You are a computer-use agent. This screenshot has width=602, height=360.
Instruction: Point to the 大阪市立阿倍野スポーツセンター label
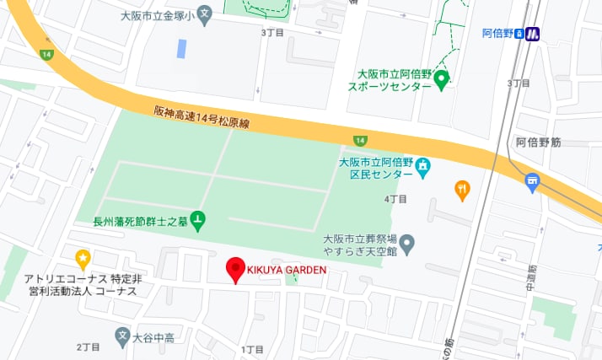393,79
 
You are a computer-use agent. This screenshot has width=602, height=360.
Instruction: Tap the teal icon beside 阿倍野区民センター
422,167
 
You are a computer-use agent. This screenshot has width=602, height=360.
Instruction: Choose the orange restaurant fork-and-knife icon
461,190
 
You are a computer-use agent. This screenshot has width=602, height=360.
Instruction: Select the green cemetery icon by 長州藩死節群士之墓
198,221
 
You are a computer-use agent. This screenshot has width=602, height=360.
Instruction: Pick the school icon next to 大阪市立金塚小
203,15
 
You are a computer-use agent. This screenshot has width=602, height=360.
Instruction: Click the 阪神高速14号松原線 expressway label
202,116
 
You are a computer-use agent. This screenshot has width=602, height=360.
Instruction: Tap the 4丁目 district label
395,199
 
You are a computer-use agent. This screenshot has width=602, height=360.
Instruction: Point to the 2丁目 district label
88,347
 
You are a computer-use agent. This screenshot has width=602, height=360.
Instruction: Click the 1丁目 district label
252,349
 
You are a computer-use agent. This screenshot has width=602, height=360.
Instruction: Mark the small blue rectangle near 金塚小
181,48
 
